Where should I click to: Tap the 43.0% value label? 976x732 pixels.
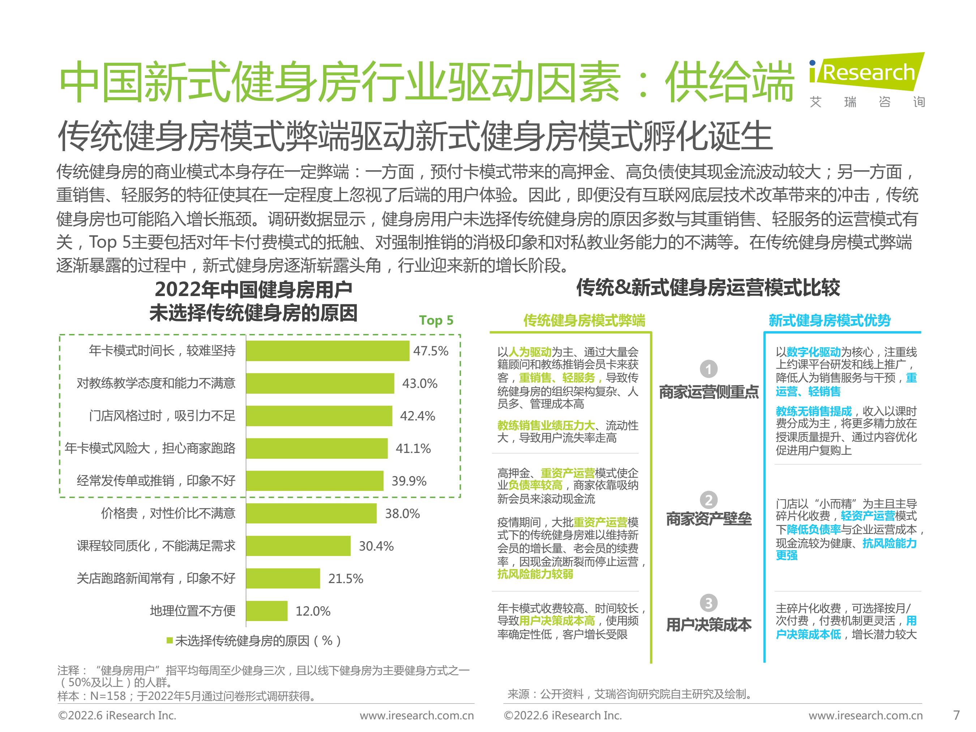[419, 384]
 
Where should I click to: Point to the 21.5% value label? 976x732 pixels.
[345, 578]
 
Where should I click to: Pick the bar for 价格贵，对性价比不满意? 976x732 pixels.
[311, 513]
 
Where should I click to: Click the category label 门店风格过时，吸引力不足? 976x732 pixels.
[162, 416]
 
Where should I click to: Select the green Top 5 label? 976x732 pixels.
[436, 320]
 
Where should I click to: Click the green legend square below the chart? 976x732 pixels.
[170, 640]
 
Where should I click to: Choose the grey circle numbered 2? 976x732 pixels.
[709, 500]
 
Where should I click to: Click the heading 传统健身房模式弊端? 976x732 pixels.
[584, 320]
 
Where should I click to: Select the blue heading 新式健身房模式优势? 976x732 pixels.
[830, 320]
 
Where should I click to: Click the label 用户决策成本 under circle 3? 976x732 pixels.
[709, 624]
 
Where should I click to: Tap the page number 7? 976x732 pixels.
[956, 715]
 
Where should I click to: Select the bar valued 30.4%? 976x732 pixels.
[298, 546]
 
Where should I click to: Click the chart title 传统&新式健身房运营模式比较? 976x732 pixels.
[708, 288]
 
